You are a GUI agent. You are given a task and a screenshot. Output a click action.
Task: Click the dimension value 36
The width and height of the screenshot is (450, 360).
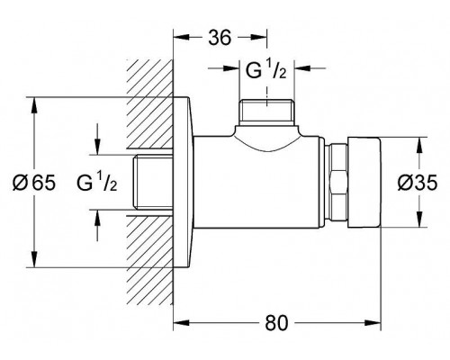pos(220,38)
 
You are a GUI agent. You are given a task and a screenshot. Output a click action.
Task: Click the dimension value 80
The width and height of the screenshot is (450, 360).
pos(276,323)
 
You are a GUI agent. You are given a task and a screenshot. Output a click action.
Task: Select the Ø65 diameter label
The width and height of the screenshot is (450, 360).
pos(34,183)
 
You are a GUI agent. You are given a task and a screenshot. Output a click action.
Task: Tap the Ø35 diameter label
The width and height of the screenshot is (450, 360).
pos(418,183)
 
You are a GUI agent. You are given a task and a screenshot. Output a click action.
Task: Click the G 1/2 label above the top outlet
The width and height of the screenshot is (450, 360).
pos(266,71)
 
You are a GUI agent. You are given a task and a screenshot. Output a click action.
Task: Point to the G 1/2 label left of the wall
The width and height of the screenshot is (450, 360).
pos(96,183)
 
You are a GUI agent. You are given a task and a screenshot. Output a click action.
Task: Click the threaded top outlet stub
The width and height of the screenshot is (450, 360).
pos(266,112)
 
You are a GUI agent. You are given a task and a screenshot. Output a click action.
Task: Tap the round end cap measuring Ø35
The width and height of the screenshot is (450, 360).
pos(364,183)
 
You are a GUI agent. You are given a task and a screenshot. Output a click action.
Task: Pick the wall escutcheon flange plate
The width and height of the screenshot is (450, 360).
pos(183,182)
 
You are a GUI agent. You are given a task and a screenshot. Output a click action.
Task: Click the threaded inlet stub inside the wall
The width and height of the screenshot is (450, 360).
pos(153,182)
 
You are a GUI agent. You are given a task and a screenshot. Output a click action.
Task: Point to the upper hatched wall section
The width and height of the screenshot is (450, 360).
pos(149,104)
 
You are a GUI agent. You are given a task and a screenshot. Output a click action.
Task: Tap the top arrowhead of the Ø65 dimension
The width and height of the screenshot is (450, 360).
pos(34,105)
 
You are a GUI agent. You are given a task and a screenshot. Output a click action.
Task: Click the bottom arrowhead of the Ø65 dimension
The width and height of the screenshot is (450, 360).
pos(34,259)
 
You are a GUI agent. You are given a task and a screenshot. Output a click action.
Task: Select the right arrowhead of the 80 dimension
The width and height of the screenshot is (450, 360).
pos(373,323)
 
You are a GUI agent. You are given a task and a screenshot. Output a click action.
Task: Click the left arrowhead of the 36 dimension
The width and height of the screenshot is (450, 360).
pos(182,37)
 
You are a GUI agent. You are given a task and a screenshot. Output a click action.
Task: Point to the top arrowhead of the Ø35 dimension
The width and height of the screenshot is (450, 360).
pos(419,146)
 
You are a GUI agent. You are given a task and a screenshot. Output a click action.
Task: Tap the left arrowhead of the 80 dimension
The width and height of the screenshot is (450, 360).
pos(182,323)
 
